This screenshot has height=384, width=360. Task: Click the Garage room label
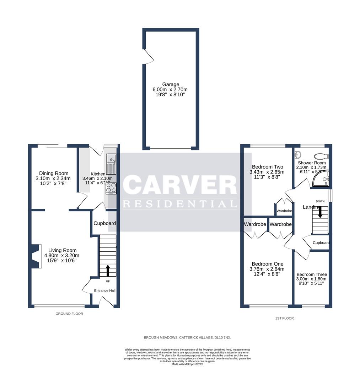pos(171,85)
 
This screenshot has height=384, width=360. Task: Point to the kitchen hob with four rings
pos(111,187)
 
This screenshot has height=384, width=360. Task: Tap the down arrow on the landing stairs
pos(320,212)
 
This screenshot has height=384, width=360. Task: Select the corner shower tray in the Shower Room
pos(321,179)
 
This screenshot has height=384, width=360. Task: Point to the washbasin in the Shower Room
pos(299,155)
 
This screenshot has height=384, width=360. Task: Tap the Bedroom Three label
pos(312,274)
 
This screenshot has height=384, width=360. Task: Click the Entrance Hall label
pos(104,290)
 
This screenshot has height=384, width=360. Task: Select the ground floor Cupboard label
pos(104,223)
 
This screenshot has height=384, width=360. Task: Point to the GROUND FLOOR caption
pos(69,314)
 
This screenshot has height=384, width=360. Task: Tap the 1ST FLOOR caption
pos(285,318)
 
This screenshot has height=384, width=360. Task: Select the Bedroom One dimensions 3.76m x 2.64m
pos(268,269)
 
